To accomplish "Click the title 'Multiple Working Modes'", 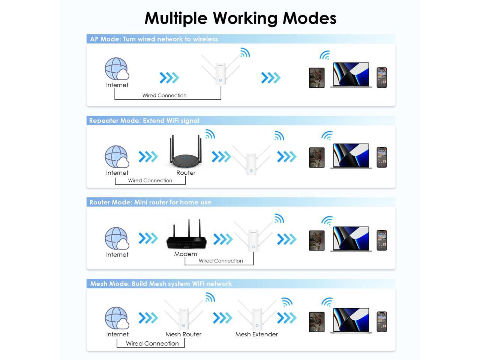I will (240, 18).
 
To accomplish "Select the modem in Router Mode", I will (186, 238).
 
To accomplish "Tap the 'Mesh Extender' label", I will (256, 334).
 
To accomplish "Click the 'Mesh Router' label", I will (183, 334).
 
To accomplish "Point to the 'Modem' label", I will (186, 254).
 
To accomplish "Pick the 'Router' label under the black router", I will (186, 172).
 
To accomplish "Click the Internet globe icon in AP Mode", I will (117, 69).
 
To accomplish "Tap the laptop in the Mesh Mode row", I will (351, 321).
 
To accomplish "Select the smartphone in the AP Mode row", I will (381, 78).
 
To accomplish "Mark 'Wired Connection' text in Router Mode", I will (221, 261).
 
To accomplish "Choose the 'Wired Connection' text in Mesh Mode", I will (152, 343).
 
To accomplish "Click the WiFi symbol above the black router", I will (210, 134).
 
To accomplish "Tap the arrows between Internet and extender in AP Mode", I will (169, 78).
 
